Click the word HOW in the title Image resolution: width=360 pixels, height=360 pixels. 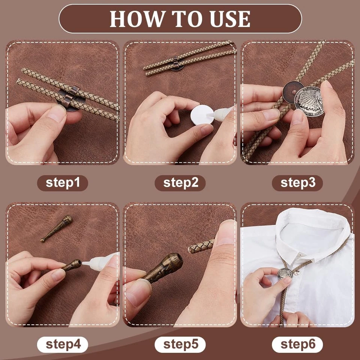click(x=132, y=19)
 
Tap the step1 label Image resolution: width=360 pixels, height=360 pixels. click(x=63, y=183)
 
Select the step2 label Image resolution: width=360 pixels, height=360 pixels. click(x=180, y=183)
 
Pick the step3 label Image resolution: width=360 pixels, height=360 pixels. click(x=297, y=183)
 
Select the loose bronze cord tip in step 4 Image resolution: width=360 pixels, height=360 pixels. click(x=57, y=228)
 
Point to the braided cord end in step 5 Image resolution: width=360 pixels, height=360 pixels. click(x=200, y=246)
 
